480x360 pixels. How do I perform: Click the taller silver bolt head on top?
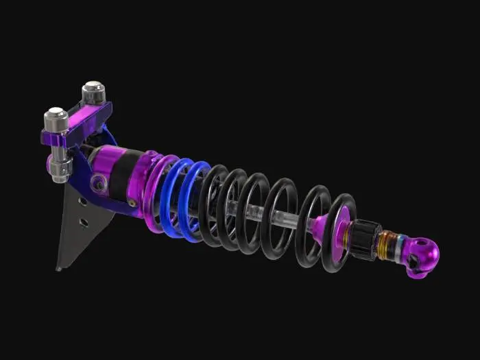click(93, 91)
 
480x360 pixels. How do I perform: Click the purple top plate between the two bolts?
click(81, 117)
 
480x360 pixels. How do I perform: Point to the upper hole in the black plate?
click(83, 202)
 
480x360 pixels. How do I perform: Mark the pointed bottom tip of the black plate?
click(59, 268)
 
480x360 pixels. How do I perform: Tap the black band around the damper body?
click(121, 177)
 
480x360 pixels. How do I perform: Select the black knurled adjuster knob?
click(367, 240)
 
